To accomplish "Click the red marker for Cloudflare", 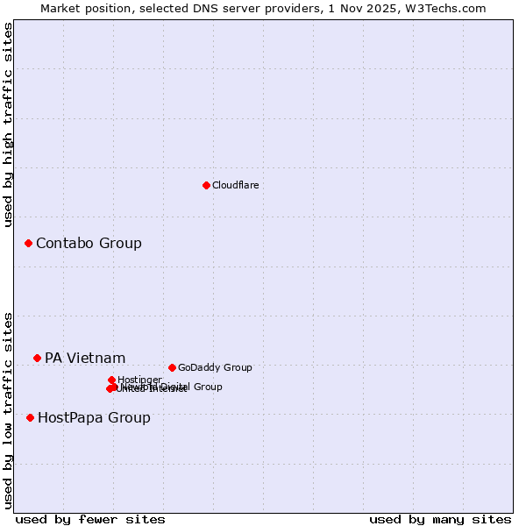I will point(206,185).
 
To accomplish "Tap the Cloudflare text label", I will point(235,185).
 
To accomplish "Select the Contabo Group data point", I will point(28,243).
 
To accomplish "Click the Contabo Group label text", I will point(89,243).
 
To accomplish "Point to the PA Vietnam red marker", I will point(37,358).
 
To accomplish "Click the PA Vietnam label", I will point(85,358).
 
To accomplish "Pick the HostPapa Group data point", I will point(30,417).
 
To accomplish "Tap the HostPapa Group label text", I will point(94,417).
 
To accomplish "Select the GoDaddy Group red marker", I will point(172,367).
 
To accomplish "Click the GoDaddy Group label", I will point(215,367).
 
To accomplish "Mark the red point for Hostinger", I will point(112,380).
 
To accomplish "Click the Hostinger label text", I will point(139,380).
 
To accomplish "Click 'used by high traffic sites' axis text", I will point(9,124).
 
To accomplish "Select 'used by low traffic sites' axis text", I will point(9,410).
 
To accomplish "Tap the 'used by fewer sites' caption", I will point(90,519).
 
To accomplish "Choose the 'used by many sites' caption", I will point(440,519).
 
